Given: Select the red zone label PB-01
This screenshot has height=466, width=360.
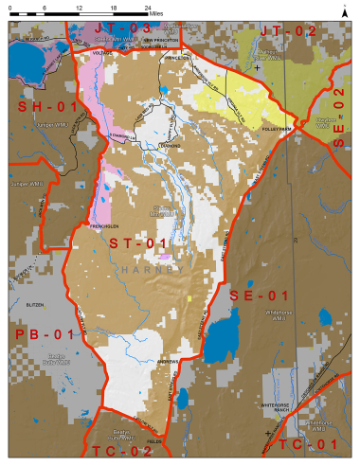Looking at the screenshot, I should coord(44,334).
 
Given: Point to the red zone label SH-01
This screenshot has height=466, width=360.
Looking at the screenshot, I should coord(46,107).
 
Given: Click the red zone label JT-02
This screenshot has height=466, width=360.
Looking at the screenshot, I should coord(286,30).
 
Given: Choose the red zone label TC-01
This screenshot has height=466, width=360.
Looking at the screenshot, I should coord(309,443).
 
